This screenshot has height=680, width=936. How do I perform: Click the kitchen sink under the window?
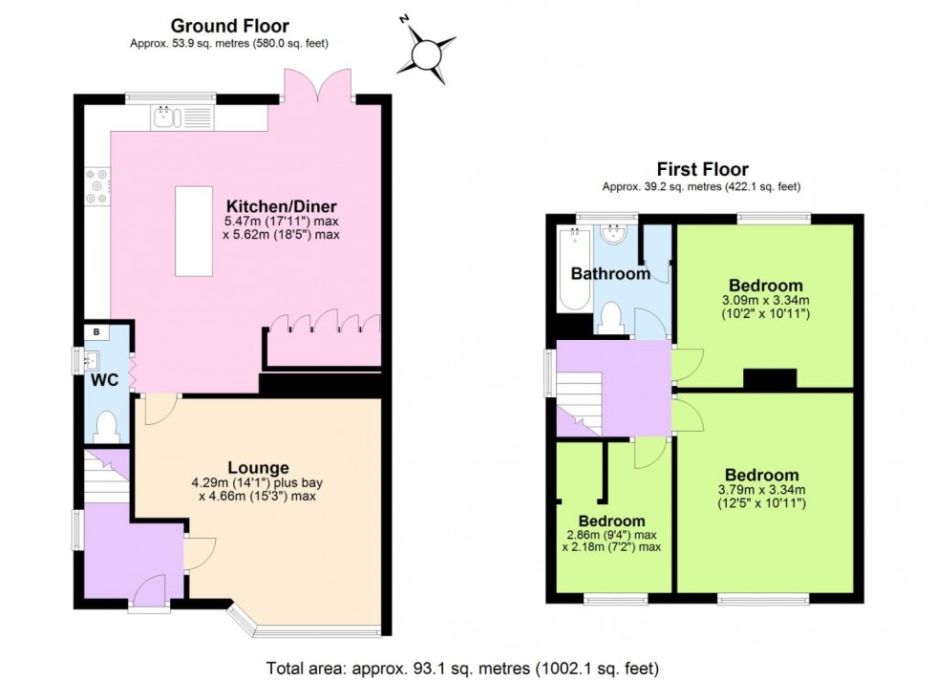point(165,117)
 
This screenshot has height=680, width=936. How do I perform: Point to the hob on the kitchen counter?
point(96,186)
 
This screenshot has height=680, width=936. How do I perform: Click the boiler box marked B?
point(97,332)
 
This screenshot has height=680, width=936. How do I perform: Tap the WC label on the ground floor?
point(103,380)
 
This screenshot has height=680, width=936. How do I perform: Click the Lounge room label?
point(258,468)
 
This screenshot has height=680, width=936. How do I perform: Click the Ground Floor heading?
point(229,26)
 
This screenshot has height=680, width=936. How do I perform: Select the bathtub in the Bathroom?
point(573,270)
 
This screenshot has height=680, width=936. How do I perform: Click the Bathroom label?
point(610,274)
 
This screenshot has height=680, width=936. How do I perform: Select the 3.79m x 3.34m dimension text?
point(761,497)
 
